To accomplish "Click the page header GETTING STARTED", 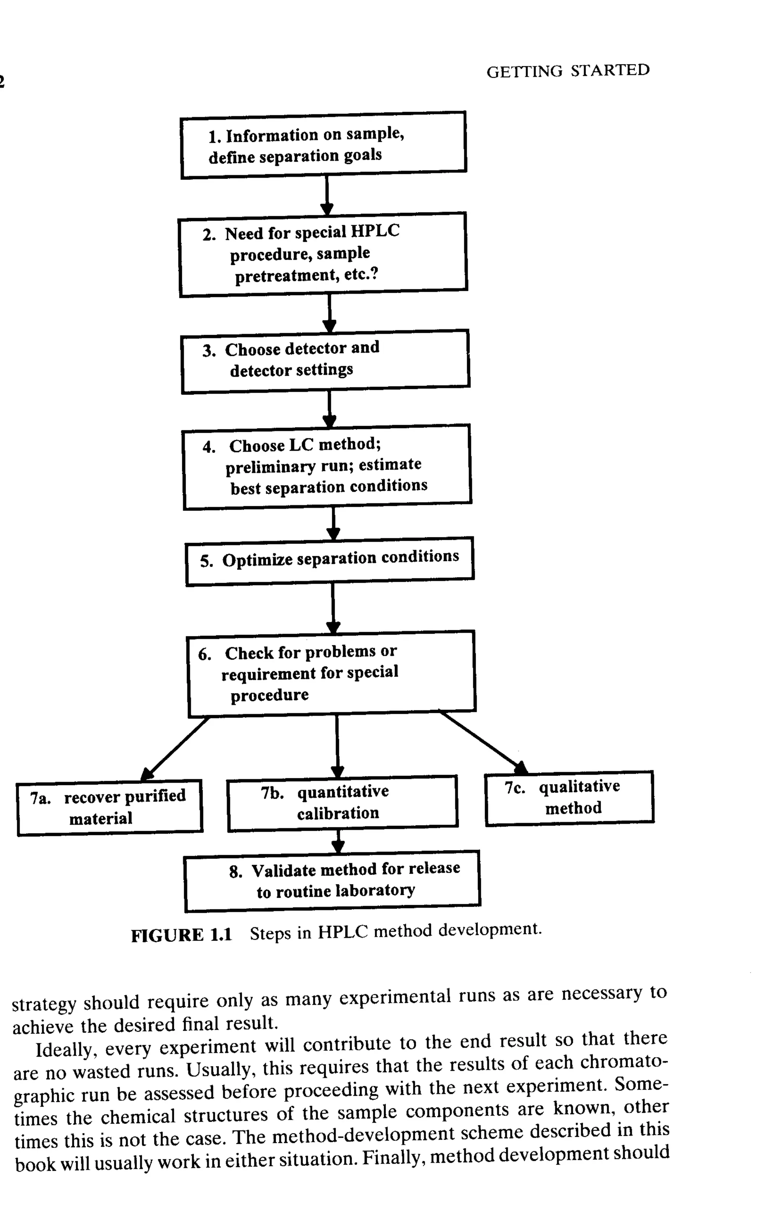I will (567, 71).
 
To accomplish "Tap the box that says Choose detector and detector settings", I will (325, 361).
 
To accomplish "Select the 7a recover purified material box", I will (109, 807).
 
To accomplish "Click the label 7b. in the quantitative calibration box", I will (272, 793).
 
